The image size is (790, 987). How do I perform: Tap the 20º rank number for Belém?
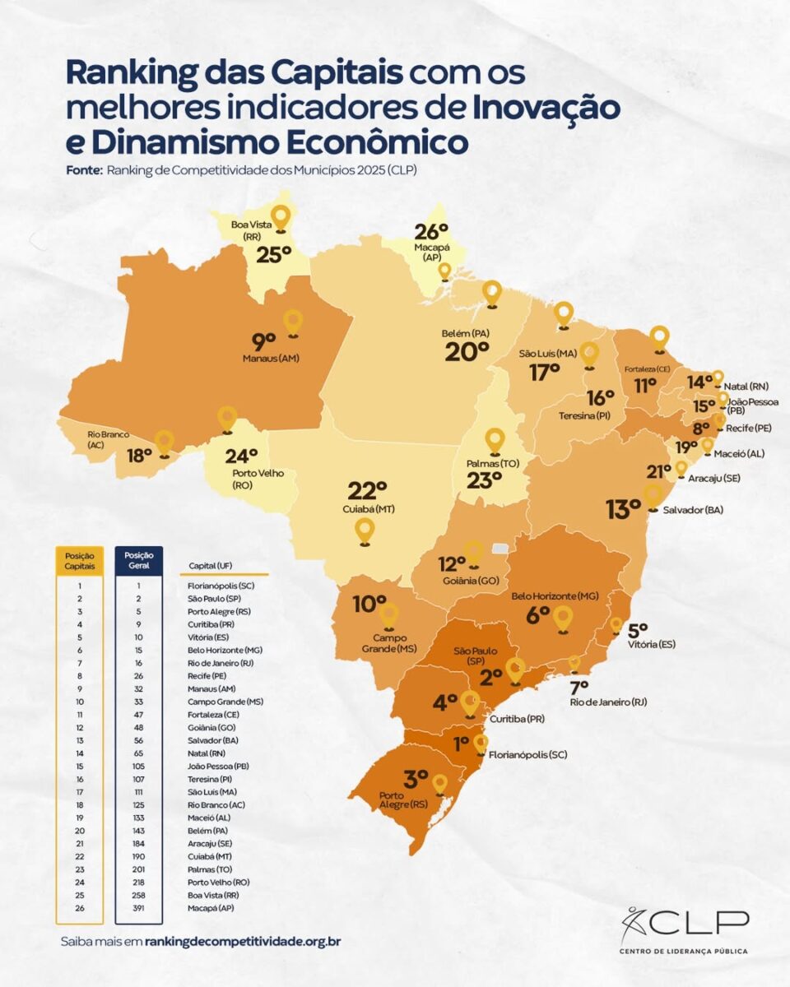pos(467,352)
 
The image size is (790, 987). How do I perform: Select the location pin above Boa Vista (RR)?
pos(281,218)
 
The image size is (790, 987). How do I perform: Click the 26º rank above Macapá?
pos(430,232)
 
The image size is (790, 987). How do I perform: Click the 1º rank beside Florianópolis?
pos(461,742)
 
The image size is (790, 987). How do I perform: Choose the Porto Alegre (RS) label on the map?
pos(402,801)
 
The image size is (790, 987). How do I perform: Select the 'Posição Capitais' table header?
pos(79,560)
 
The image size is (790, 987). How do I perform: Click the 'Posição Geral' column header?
pos(138,560)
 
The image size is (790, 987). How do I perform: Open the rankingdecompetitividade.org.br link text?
pos(242,940)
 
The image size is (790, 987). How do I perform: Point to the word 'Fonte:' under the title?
pos(84,170)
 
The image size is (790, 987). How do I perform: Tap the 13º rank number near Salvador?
pos(622,510)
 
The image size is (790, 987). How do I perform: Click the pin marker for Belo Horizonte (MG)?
pos(562,618)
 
